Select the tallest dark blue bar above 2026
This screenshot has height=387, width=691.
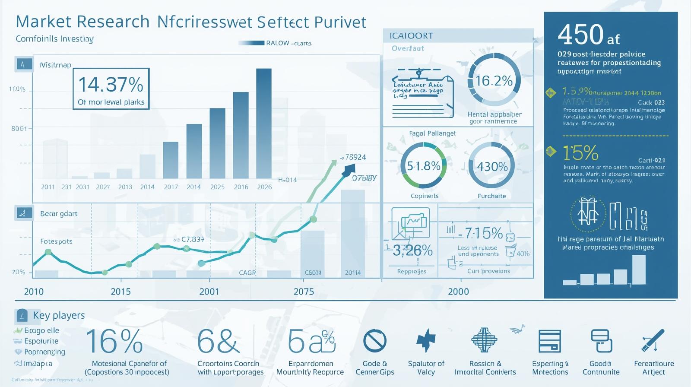(264, 123)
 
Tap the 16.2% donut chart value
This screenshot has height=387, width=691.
(494, 81)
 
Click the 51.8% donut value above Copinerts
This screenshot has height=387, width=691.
(424, 166)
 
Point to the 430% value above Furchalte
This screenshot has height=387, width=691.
(492, 167)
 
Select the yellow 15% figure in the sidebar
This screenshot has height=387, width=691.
(580, 153)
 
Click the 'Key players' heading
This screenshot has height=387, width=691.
(59, 315)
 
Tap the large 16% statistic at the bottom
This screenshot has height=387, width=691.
(114, 341)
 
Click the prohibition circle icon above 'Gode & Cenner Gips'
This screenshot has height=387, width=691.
(374, 341)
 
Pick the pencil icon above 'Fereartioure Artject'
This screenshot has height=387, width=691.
(653, 341)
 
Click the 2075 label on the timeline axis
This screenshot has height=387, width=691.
(304, 292)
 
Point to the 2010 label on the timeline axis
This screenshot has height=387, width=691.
(34, 292)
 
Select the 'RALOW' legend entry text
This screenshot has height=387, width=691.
(277, 43)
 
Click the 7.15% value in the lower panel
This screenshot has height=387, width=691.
(484, 234)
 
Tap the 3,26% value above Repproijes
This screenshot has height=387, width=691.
(412, 251)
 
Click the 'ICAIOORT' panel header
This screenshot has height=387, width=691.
(411, 36)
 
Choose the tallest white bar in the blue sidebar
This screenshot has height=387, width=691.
(639, 270)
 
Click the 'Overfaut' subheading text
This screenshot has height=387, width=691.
(408, 48)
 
